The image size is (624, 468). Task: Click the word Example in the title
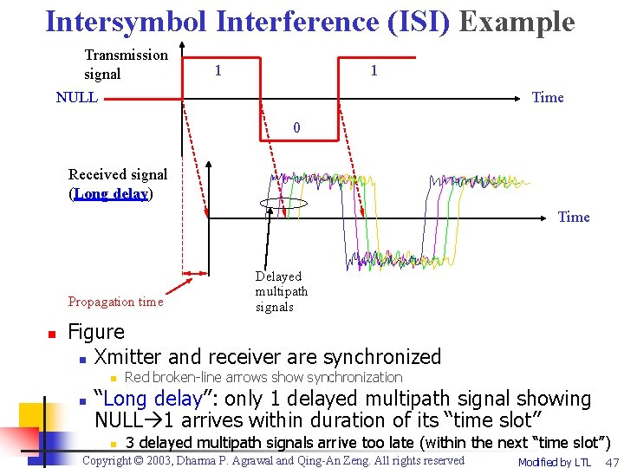click(517, 21)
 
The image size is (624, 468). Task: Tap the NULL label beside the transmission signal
click(76, 97)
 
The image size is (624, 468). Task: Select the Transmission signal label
click(126, 64)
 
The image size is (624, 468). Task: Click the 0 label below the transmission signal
click(296, 127)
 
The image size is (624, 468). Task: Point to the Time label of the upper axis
click(548, 97)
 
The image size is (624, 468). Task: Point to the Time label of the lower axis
click(574, 217)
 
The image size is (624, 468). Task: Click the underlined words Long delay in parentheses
click(111, 193)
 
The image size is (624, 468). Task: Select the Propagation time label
click(115, 302)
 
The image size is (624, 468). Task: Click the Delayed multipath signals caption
click(281, 291)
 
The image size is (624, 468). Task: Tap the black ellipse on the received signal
click(283, 204)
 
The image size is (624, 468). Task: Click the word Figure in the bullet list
click(96, 332)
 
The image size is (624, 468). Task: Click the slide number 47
click(612, 462)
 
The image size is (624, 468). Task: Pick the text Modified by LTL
click(554, 462)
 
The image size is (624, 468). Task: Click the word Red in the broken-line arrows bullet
click(137, 377)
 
